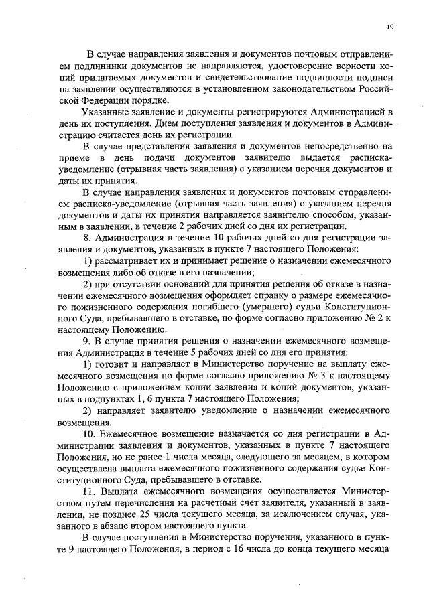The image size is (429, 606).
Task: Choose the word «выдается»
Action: pyautogui.click(x=316, y=157)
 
